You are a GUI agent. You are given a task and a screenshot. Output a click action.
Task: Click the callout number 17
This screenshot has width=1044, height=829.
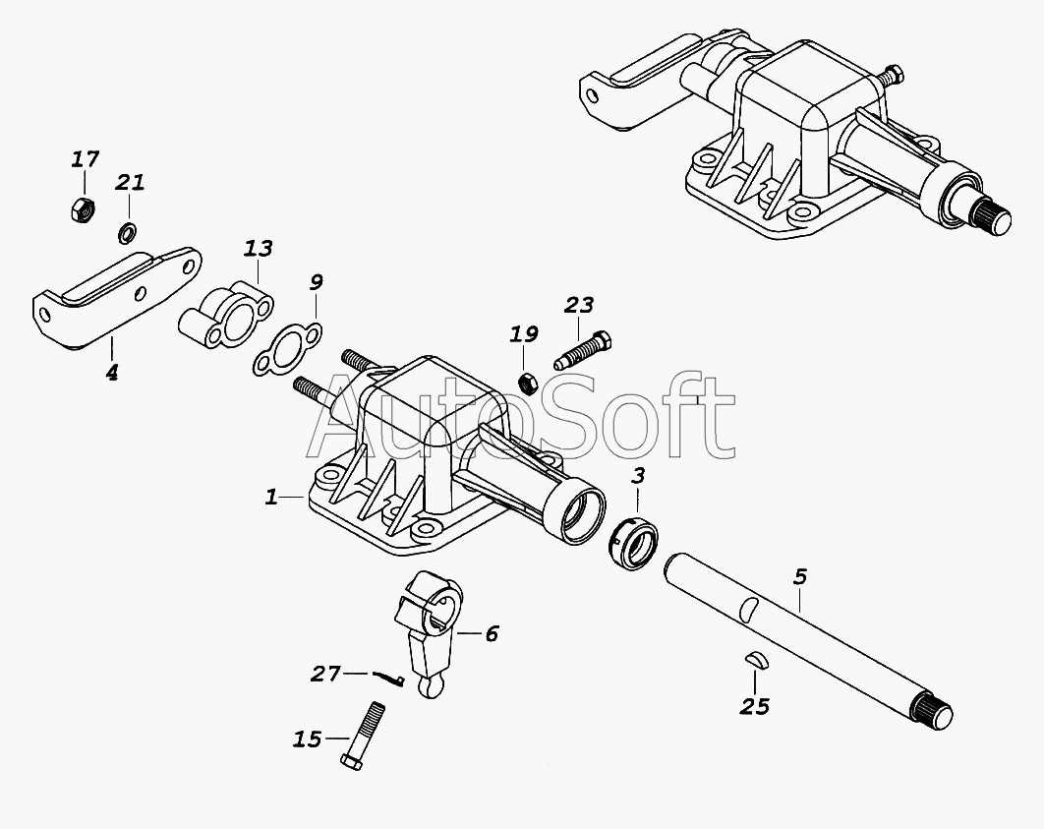click(x=86, y=159)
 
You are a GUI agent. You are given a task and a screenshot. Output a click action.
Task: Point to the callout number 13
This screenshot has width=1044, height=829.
click(x=259, y=249)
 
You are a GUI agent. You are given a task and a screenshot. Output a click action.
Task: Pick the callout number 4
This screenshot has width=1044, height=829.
click(x=112, y=373)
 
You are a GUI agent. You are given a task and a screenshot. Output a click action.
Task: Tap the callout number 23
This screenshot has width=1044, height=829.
click(x=578, y=306)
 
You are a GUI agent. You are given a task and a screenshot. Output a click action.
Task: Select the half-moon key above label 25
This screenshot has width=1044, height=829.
click(x=756, y=660)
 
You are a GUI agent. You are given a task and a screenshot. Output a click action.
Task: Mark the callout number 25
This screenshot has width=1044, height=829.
click(x=756, y=705)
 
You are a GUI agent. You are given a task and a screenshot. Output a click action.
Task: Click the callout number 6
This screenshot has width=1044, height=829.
click(x=491, y=634)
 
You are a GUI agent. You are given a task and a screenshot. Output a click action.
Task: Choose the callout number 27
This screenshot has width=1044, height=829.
click(x=325, y=674)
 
